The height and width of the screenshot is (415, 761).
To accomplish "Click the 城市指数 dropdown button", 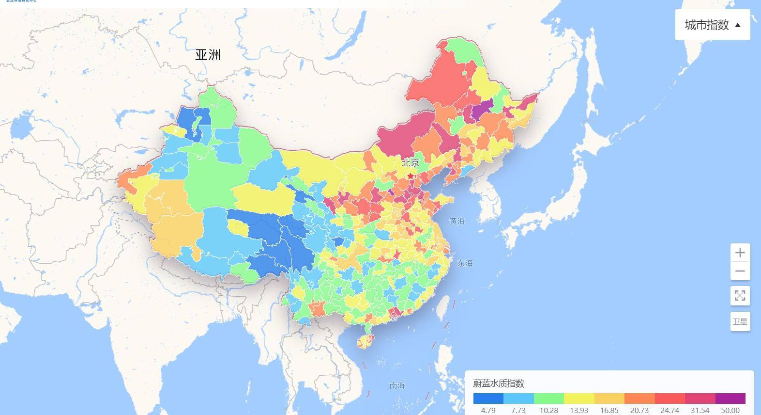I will (x=712, y=25).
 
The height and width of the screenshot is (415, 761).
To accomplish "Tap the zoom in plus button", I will (x=740, y=253).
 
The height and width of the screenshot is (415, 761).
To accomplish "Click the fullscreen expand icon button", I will (x=740, y=295).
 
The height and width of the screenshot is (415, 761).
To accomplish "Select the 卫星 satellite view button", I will (x=740, y=321).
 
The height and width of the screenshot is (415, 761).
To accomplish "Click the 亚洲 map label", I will (x=208, y=55).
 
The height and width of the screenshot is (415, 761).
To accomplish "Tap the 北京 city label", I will (x=410, y=163).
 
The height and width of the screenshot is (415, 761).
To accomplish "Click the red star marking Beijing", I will (x=411, y=176).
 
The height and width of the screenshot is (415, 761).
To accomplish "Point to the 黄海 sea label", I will (x=457, y=222).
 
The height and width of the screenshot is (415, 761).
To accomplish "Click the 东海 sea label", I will (x=465, y=263).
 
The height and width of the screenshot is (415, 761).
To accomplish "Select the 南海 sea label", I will (x=397, y=386).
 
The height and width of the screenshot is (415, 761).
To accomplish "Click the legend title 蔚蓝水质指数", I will (x=499, y=383).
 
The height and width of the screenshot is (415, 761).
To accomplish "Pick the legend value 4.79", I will (x=488, y=410).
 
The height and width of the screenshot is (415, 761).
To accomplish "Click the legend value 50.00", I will (x=730, y=410).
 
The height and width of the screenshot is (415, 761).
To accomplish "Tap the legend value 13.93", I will (x=578, y=410).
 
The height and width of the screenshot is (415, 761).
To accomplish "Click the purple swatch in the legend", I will (x=730, y=399).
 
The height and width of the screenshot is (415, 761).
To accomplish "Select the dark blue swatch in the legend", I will (x=488, y=399).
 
